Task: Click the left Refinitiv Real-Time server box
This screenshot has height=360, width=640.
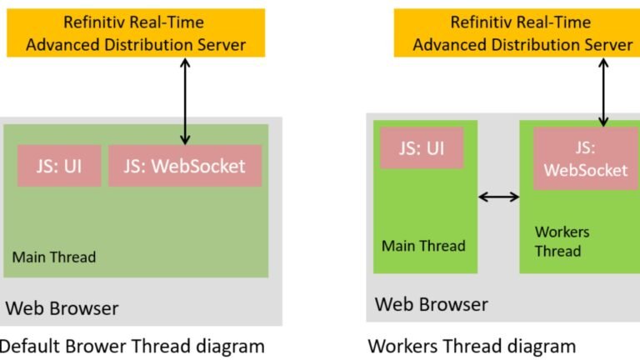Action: (136, 33)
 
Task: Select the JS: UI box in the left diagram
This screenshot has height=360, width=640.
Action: (59, 166)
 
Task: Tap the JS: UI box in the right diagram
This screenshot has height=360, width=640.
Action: (421, 148)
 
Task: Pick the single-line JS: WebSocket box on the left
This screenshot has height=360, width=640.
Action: (185, 166)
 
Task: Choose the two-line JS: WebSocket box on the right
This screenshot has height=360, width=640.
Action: (585, 158)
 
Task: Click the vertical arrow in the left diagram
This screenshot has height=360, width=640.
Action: (185, 101)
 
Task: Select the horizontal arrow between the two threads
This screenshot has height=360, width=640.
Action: (499, 197)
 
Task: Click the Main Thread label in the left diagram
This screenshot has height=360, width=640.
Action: (54, 257)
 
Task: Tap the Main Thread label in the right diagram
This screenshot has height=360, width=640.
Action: (423, 246)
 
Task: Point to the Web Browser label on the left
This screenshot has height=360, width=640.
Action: (62, 308)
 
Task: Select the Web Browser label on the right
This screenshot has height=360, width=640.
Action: (432, 303)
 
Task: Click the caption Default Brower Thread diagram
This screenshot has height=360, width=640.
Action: (131, 345)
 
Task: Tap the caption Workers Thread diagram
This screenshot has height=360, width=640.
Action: (472, 345)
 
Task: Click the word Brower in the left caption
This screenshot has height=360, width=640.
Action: (92, 345)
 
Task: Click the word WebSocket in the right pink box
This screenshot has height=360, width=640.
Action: (585, 170)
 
